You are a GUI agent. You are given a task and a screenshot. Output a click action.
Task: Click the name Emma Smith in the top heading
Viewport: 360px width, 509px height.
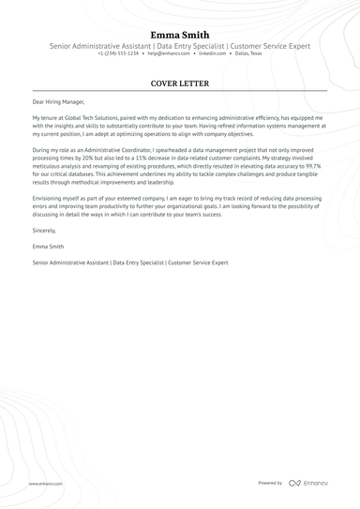pos(180,35)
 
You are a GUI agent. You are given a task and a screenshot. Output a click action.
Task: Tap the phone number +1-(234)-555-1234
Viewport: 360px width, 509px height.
pos(118,54)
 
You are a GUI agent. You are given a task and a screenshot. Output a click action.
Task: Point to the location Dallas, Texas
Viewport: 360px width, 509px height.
pos(248,54)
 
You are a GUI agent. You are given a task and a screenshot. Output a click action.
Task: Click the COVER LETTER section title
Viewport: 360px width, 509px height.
pos(180,83)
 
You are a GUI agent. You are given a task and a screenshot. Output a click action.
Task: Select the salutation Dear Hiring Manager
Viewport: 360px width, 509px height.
pos(58,100)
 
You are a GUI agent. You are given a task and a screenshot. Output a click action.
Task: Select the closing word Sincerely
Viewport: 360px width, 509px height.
pos(44,230)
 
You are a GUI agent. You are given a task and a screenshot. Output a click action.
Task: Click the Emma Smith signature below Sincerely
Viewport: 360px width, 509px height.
pos(48,247)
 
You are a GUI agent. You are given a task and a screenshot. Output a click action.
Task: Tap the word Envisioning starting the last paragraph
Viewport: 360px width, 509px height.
pos(50,198)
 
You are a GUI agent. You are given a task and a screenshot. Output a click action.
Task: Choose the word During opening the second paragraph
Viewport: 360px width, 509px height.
pos(41,149)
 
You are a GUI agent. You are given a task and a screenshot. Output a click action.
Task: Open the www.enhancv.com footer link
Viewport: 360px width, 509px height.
pos(45,484)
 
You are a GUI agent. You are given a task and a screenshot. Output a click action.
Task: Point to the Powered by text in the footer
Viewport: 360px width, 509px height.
pos(270,483)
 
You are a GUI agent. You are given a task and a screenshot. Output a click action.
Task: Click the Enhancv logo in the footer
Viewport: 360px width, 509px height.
pos(309,483)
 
